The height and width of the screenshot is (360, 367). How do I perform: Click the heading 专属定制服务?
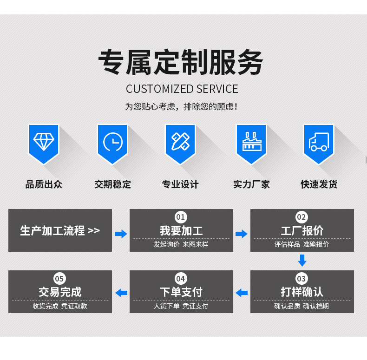181,62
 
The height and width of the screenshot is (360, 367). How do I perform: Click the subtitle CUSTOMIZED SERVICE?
182,89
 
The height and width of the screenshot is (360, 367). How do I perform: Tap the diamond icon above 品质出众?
44,141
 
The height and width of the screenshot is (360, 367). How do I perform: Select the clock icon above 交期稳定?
112,142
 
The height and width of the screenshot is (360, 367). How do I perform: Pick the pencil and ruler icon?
180,141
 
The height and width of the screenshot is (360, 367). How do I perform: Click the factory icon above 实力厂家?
251,141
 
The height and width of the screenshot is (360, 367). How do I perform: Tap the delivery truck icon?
319,141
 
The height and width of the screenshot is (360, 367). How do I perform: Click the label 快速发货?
319,184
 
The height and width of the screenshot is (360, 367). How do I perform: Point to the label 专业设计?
180,184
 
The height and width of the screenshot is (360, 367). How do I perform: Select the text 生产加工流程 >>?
60,230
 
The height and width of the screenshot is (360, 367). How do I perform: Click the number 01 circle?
181,217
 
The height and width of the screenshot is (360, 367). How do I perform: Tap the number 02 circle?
302,217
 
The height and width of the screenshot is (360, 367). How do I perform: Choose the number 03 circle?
302,279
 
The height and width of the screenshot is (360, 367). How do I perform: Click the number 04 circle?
181,279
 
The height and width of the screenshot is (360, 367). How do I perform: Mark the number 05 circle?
59,279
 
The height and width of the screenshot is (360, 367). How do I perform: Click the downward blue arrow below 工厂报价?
302,260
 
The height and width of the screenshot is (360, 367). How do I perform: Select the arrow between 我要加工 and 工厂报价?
242,234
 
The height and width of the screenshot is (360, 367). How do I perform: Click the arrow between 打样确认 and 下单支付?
242,293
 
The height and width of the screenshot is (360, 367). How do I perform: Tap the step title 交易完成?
60,292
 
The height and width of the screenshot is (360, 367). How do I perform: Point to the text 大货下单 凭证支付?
181,306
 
